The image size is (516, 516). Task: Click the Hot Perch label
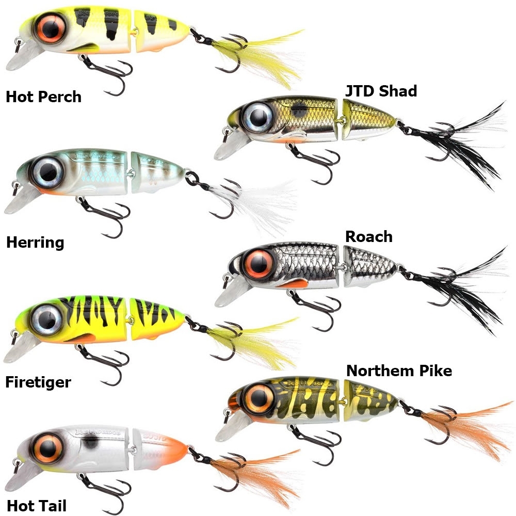[43, 97]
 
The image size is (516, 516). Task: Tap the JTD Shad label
[381, 91]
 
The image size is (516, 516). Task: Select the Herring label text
[35, 243]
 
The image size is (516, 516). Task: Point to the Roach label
[369, 237]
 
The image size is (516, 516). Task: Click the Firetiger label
[38, 382]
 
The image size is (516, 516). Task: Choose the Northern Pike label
[399, 371]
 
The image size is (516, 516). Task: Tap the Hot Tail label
[37, 506]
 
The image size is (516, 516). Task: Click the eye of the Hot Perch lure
[51, 28]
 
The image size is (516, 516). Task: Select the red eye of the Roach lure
[259, 264]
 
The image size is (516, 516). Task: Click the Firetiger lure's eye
[47, 319]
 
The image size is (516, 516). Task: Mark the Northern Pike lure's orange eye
[260, 399]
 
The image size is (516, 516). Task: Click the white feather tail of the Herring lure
[260, 204]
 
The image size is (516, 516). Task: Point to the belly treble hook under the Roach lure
[316, 306]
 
